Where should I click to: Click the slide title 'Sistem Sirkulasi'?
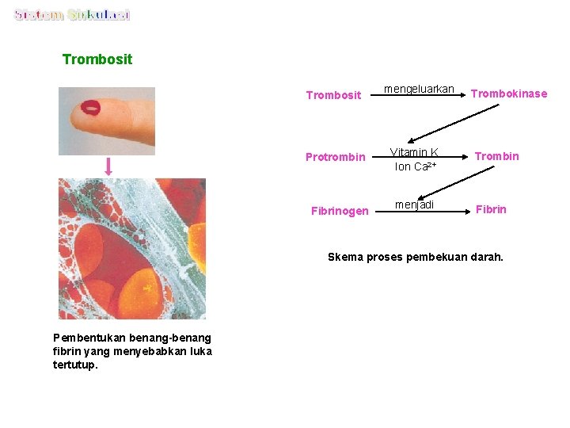pos(72,15)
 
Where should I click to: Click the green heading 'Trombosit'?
pos(97,59)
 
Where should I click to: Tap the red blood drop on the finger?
pos(91,107)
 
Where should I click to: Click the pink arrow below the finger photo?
pos(108,166)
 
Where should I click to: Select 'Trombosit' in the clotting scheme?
pos(333,95)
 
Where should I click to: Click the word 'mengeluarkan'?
pos(419,89)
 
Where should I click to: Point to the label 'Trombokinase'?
pos(508,94)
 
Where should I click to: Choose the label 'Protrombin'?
pos(336,157)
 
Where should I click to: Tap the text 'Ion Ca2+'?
pos(416,166)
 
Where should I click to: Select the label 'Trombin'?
pos(496,156)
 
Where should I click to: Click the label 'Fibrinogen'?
pos(340,211)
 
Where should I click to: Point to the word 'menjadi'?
pos(414,205)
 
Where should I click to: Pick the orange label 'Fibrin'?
pos(491,210)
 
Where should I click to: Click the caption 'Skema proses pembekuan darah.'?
pos(415,257)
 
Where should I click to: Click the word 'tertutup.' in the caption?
pos(75,365)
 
